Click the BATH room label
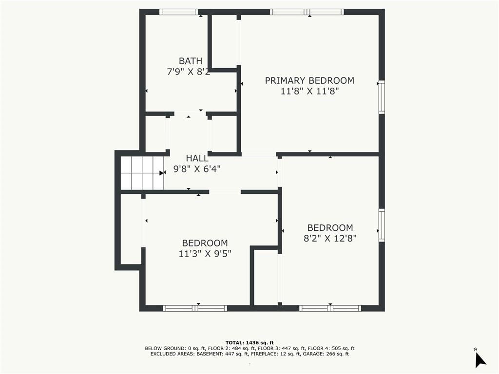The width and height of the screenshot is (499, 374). (191, 61)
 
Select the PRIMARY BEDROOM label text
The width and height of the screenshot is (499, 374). (309, 80)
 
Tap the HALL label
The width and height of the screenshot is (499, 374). (197, 158)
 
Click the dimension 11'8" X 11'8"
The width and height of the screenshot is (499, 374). (309, 91)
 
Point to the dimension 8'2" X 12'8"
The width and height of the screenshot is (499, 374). (330, 238)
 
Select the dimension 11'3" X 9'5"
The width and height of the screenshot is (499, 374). (205, 253)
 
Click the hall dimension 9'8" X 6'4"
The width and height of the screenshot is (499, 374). (197, 169)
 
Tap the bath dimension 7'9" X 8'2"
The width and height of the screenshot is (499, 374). (189, 72)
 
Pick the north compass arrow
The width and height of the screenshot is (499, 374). (480, 360)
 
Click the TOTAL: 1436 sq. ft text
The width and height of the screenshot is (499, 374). (249, 342)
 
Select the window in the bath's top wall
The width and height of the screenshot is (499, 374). (178, 12)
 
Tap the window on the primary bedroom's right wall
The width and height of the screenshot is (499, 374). (382, 97)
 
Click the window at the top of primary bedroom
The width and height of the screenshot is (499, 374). (307, 12)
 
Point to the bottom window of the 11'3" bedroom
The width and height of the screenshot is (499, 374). (195, 308)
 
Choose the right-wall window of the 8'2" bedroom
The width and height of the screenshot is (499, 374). (382, 225)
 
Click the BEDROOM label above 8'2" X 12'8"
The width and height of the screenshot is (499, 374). (330, 228)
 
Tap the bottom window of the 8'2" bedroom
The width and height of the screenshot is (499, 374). (330, 308)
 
